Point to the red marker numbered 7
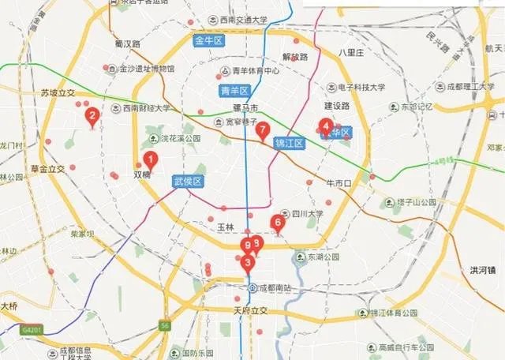tap(263, 131)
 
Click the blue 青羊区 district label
tap(234, 90)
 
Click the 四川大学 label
tap(307, 213)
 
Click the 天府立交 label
tap(251, 310)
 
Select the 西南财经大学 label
tap(146, 108)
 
